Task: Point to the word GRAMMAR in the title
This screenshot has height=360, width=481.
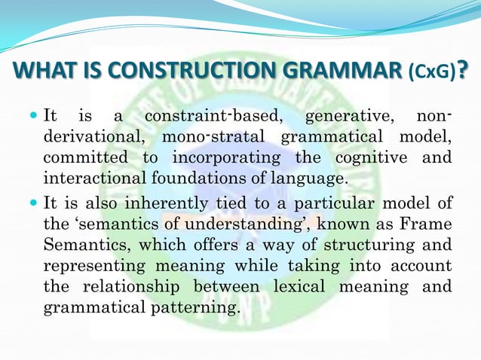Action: (x=343, y=72)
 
